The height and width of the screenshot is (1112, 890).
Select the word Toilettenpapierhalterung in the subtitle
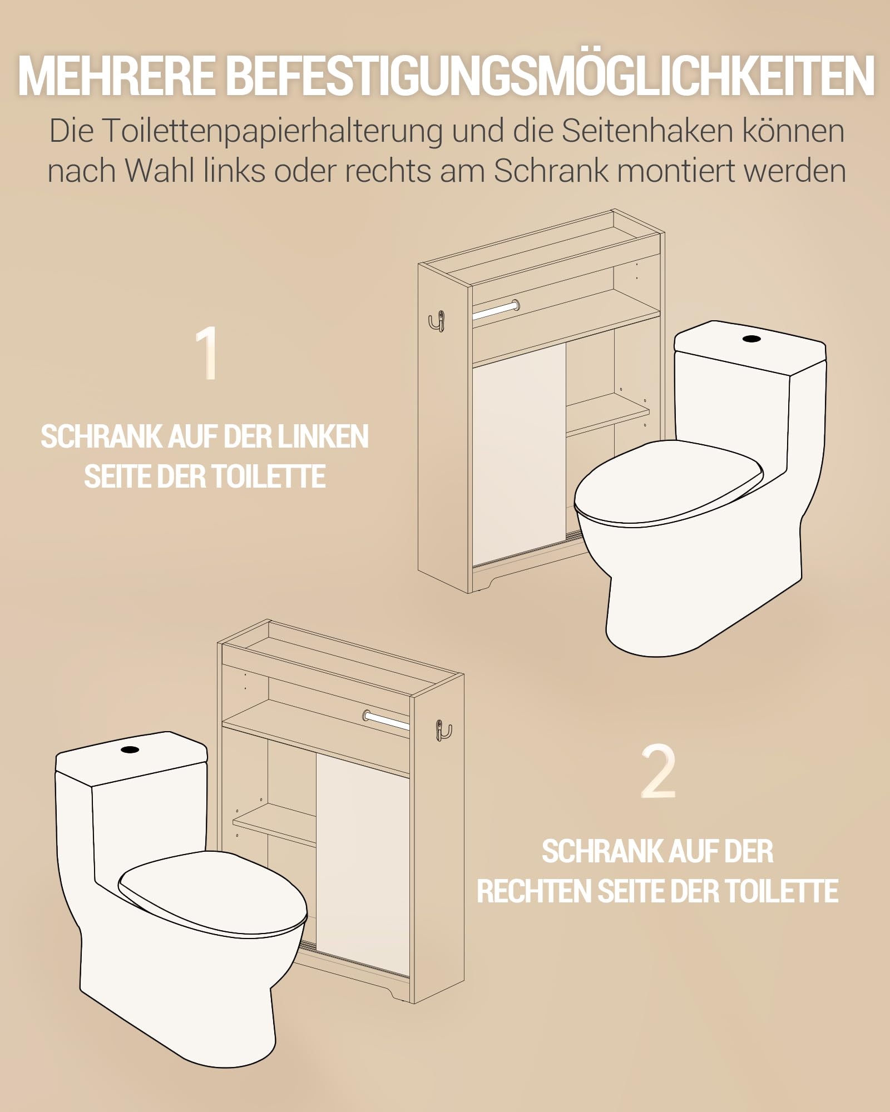[273, 132]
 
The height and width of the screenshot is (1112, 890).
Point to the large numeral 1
[207, 353]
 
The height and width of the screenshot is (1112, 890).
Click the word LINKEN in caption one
[323, 436]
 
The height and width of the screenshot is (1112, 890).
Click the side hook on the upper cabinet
[437, 321]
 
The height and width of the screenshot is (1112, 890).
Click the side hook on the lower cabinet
[443, 730]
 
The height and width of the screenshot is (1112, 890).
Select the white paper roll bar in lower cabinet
[386, 721]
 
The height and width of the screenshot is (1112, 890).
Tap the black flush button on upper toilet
[751, 338]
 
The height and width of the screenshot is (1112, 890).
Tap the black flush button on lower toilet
[130, 749]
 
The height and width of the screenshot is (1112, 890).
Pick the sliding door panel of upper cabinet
[519, 455]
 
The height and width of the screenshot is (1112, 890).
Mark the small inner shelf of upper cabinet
[607, 414]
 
